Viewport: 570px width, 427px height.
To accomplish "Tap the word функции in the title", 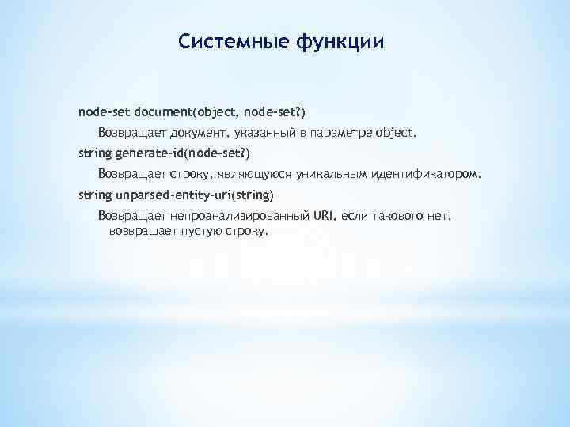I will (x=340, y=40).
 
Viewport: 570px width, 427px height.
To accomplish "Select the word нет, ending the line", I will (x=443, y=215).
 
